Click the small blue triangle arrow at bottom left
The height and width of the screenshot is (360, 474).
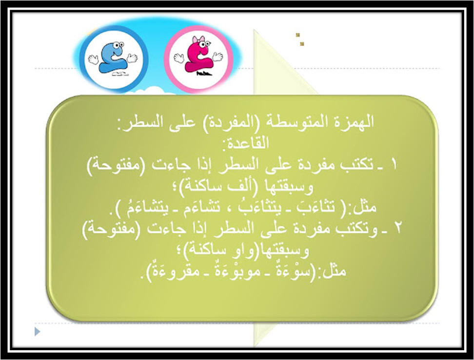[x=38, y=332]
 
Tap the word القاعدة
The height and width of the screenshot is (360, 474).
[x=246, y=142]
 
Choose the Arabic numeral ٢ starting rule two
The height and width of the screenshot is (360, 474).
[x=398, y=228]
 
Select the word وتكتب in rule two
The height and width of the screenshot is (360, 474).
[x=356, y=228]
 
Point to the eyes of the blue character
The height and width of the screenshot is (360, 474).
[x=119, y=45]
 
